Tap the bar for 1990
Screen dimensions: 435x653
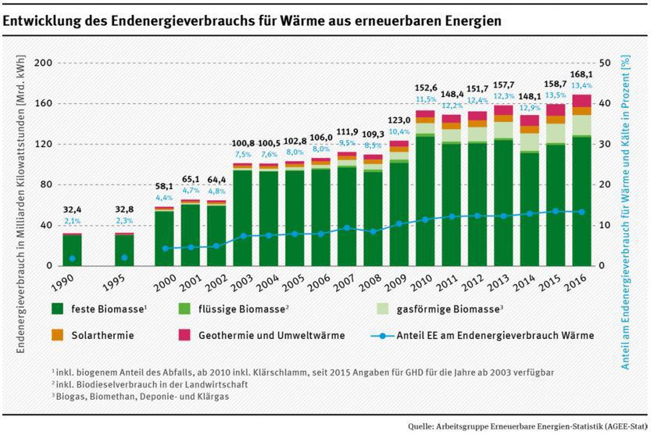coord(72,249)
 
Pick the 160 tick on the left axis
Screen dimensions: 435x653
coord(43,103)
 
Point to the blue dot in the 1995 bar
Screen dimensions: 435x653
coord(124,257)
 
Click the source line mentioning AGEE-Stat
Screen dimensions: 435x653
coord(526,426)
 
